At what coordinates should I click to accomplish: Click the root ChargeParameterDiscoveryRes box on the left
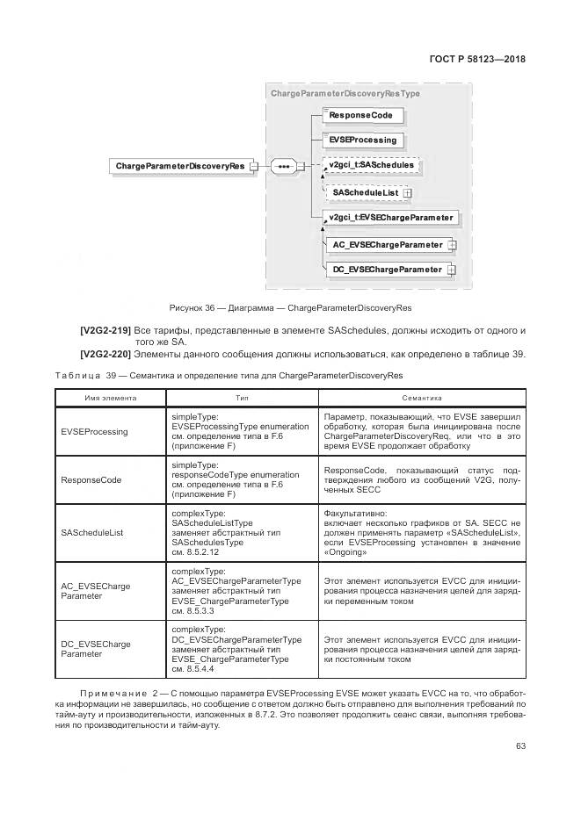click(x=179, y=165)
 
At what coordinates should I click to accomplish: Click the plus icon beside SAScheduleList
click(x=407, y=192)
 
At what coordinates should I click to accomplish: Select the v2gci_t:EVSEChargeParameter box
click(x=389, y=217)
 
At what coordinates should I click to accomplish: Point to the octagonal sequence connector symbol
click(x=282, y=165)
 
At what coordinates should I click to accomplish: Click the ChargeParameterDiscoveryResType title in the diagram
click(x=345, y=93)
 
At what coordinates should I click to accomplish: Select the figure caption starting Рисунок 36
click(x=290, y=307)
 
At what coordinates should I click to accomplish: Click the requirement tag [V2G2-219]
click(x=105, y=330)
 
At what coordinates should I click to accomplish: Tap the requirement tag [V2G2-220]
click(x=105, y=354)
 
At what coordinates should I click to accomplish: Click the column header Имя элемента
click(x=110, y=397)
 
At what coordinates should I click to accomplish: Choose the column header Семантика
click(x=423, y=397)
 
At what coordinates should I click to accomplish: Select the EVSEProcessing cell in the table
click(x=94, y=432)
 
